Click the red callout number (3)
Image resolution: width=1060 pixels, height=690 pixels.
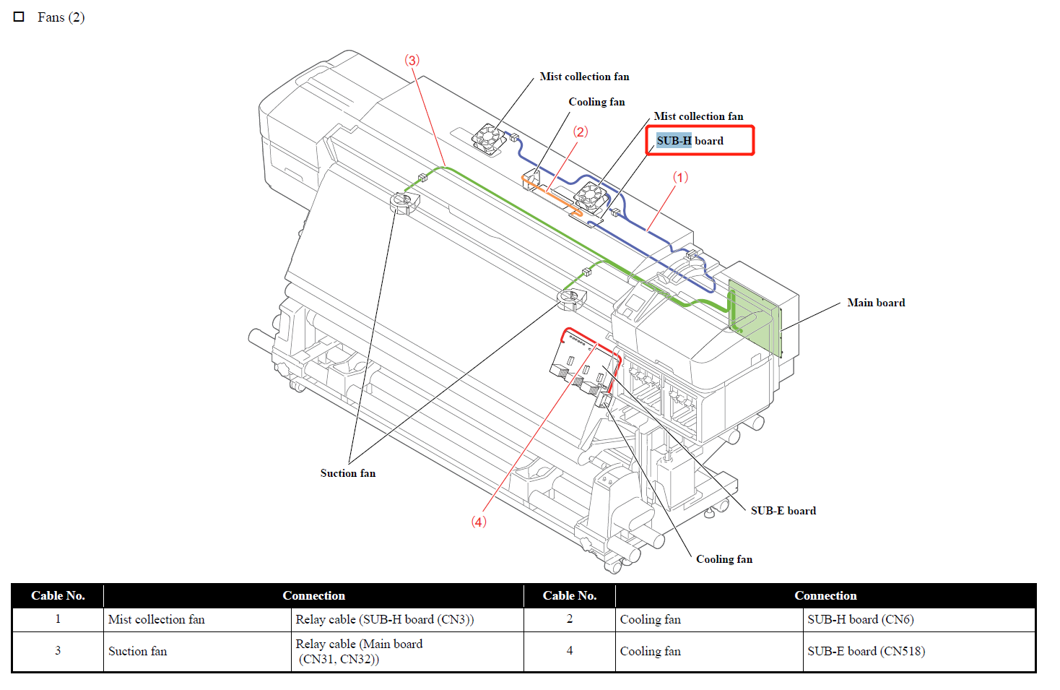click(x=412, y=60)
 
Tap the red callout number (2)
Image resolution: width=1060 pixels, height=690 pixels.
click(x=581, y=131)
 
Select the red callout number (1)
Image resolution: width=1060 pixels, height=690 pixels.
click(x=680, y=177)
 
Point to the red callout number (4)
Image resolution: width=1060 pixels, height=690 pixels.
click(x=479, y=522)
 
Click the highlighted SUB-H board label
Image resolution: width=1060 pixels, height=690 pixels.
click(x=690, y=141)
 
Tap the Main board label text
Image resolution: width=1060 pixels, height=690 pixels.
click(x=876, y=303)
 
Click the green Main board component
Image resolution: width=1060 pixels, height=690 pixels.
click(x=755, y=318)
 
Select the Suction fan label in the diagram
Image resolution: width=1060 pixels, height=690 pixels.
click(x=348, y=473)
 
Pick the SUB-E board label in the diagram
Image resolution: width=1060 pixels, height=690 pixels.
click(x=783, y=511)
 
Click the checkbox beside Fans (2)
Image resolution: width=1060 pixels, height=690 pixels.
click(x=19, y=17)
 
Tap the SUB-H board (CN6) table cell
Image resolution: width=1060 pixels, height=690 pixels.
click(x=861, y=619)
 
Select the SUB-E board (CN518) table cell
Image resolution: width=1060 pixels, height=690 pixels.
click(x=866, y=651)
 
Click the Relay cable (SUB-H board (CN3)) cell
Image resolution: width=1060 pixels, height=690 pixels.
click(x=384, y=619)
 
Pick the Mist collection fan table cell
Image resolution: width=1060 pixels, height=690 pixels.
click(x=157, y=619)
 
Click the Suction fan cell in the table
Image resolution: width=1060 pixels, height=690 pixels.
click(x=138, y=651)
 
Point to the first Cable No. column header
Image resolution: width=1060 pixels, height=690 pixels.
click(x=58, y=595)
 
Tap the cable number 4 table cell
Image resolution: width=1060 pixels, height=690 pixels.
click(x=569, y=651)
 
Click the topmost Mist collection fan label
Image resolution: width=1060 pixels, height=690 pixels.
click(x=584, y=77)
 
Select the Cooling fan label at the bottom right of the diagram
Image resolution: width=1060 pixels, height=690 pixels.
click(x=724, y=559)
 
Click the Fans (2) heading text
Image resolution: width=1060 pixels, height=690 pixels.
click(x=61, y=17)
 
